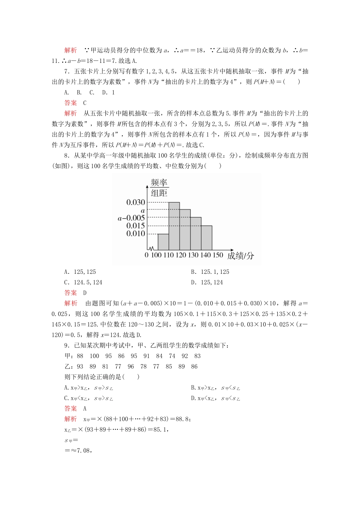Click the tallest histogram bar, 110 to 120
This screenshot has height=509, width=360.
click(x=174, y=226)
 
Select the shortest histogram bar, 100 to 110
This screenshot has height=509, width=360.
click(x=163, y=242)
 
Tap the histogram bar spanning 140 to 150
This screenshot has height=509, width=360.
click(x=207, y=238)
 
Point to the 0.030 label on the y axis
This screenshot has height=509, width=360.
click(x=136, y=203)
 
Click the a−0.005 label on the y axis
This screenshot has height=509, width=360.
click(x=131, y=218)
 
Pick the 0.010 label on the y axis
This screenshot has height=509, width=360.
click(x=136, y=234)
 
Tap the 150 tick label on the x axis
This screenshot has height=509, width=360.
click(x=218, y=255)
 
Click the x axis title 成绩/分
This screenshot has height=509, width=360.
click(x=241, y=256)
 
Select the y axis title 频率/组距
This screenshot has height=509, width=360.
click(x=159, y=188)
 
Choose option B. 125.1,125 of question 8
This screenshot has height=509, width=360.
click(x=210, y=272)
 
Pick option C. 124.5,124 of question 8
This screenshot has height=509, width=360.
click(x=83, y=283)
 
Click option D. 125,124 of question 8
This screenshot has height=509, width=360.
click(x=207, y=283)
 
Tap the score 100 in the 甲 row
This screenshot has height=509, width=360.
click(x=94, y=356)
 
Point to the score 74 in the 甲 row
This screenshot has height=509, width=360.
click(x=172, y=356)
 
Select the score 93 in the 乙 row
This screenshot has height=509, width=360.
click(x=80, y=367)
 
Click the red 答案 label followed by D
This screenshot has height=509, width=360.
click(x=70, y=293)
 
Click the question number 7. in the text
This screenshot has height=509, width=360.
click(x=67, y=71)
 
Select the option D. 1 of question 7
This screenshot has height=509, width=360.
click(x=108, y=92)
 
